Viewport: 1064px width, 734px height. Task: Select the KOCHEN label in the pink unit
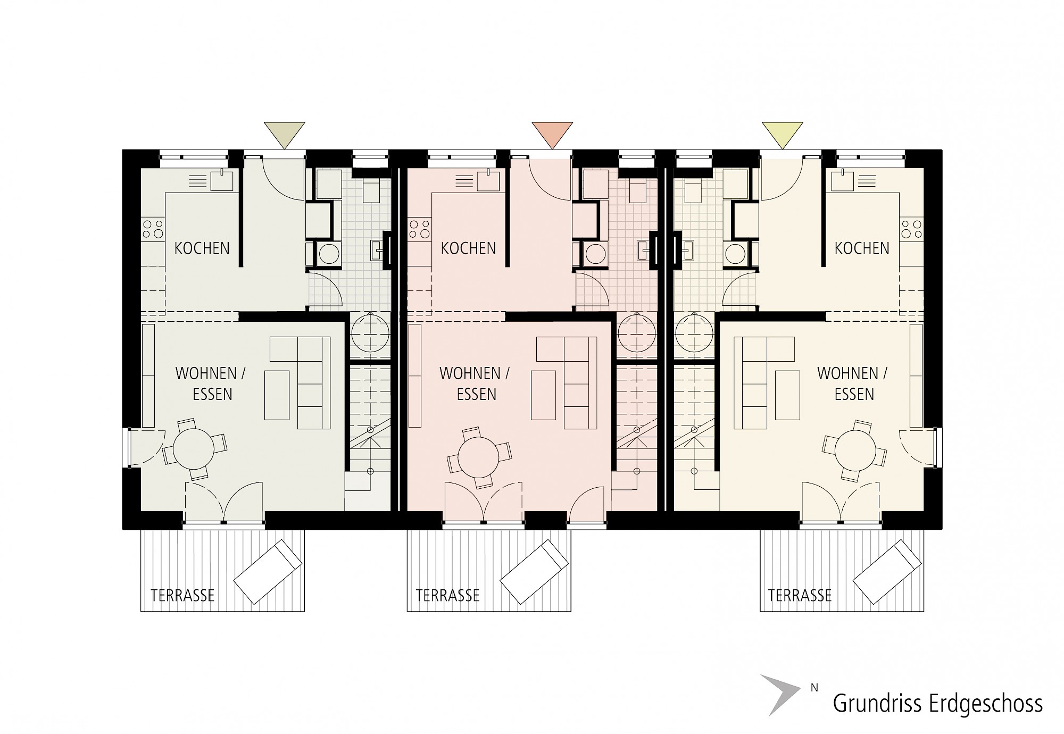[x=468, y=248]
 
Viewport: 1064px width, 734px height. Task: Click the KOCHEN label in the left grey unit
[x=202, y=248]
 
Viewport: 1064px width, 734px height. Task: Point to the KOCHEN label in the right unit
[x=862, y=248]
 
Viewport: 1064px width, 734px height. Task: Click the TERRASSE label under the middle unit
[x=448, y=595]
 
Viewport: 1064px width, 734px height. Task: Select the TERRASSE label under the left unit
[x=182, y=595]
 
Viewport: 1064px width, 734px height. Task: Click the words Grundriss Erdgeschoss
[x=937, y=703]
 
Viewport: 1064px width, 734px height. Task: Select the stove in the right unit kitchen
[x=911, y=229]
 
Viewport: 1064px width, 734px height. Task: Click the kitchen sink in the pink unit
[x=487, y=181]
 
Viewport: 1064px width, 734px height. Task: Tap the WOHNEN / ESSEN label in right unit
[x=852, y=383]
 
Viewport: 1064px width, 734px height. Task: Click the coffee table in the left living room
[x=277, y=395]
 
